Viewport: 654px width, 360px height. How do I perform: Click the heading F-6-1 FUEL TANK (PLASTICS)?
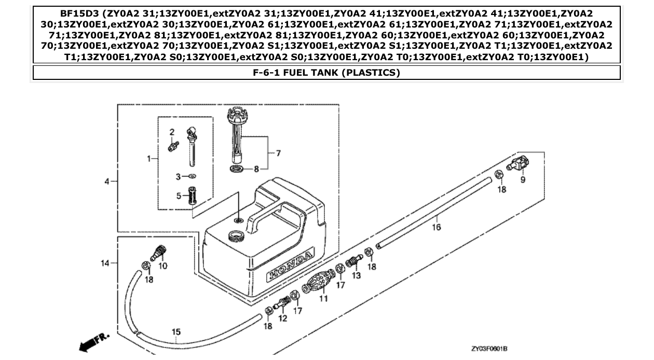tap(326, 73)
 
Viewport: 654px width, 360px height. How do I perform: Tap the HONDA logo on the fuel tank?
tap(290, 265)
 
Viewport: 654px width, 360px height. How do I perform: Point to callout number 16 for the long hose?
tap(437, 227)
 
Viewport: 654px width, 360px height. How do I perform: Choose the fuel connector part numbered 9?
tap(520, 164)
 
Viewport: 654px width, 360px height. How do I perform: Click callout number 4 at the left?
tap(107, 181)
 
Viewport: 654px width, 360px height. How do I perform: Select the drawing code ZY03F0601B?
tap(489, 349)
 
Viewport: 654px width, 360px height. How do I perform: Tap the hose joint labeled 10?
tap(159, 254)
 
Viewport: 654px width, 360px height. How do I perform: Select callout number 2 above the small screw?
tap(172, 132)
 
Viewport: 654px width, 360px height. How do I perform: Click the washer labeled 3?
tap(192, 176)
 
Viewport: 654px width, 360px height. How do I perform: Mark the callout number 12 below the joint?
tap(283, 318)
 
